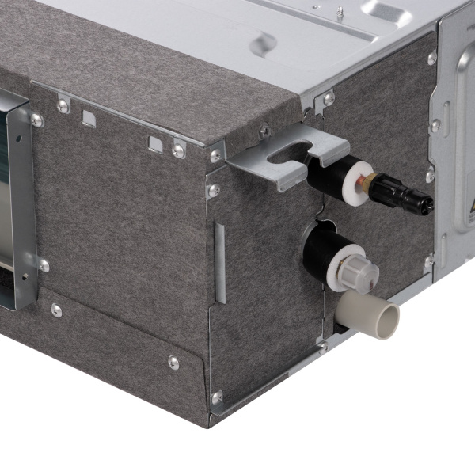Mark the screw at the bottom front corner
(x=216, y=396)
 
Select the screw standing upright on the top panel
(x=339, y=13)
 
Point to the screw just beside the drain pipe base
(x=322, y=346)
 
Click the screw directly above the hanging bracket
(x=264, y=131)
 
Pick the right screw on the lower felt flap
(x=173, y=362)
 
